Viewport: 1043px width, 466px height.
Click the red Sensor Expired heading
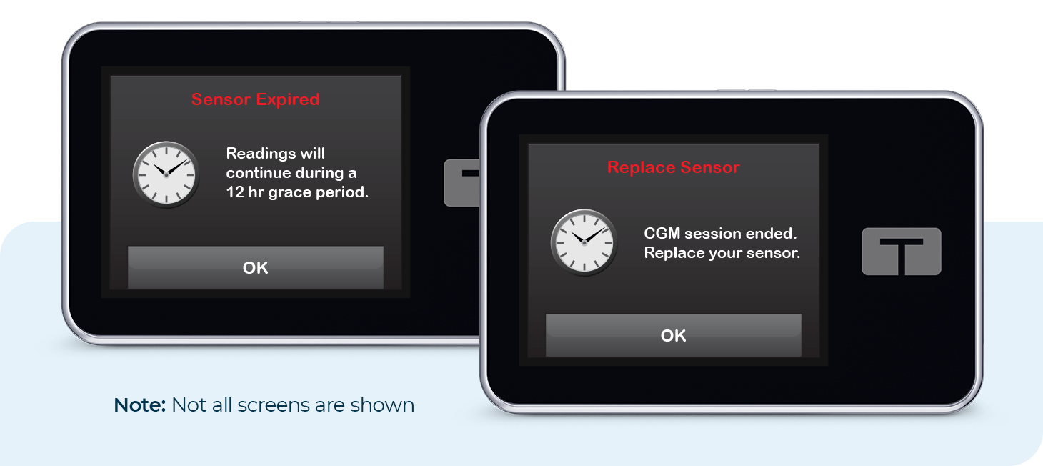tap(255, 99)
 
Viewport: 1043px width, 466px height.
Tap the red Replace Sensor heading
tap(673, 167)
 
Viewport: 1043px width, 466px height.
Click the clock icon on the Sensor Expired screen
tap(165, 174)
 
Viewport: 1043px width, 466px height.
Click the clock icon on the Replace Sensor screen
tap(583, 242)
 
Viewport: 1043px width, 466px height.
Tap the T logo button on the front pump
tap(901, 252)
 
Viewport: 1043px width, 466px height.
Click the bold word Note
tap(139, 405)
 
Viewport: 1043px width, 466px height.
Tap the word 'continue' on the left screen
tap(259, 173)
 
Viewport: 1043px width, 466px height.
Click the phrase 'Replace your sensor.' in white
tap(722, 253)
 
